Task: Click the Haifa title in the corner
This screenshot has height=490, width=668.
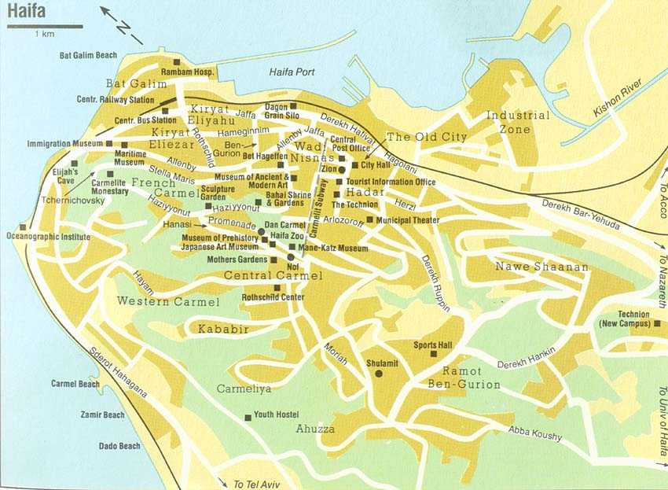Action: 26,13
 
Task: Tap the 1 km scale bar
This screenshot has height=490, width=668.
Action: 45,27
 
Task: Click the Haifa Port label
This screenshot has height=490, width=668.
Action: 292,72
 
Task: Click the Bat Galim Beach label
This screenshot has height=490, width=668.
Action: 88,56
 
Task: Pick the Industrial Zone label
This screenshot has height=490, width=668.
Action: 518,122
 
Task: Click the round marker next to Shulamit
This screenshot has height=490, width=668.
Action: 379,374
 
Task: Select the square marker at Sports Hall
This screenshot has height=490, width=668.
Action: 433,355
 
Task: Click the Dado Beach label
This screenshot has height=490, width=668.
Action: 119,446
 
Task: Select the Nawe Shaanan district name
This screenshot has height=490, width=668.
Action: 541,267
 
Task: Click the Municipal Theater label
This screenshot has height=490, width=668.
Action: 407,220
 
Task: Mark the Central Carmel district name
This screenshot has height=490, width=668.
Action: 273,275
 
